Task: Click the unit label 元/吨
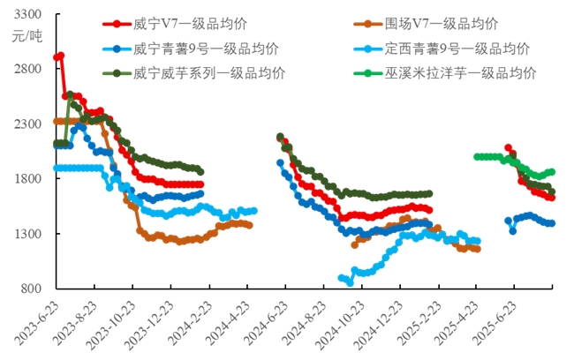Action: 27,36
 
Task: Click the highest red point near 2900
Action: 60,56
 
